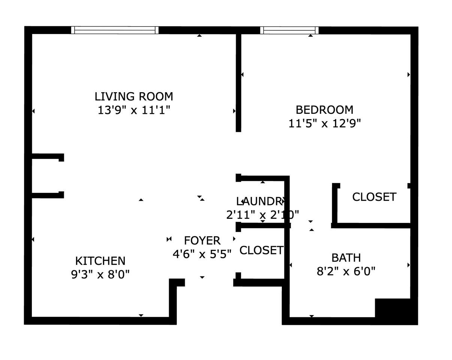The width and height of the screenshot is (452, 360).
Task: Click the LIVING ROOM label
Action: [x=134, y=97]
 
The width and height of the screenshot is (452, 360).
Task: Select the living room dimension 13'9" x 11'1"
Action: [x=134, y=111]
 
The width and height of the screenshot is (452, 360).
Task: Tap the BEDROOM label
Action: [x=324, y=110]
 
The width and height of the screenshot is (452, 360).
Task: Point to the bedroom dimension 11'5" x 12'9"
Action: [x=324, y=123]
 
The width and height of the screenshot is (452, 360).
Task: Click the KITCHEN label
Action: [x=100, y=261]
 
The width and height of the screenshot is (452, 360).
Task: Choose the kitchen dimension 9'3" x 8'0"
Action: [x=100, y=275]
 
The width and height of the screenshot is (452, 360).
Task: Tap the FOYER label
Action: [x=202, y=240]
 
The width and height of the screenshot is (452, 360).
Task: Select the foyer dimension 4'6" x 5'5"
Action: [x=202, y=254]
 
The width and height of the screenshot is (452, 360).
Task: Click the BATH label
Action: [x=346, y=258]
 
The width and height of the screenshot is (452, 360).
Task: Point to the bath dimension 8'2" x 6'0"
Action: [x=346, y=271]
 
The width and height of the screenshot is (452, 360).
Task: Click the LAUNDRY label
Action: [x=259, y=202]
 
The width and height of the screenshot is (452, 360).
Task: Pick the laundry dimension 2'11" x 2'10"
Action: [x=262, y=215]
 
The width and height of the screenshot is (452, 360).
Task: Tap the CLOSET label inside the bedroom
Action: [x=374, y=197]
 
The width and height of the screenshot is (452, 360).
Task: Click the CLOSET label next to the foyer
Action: [x=261, y=250]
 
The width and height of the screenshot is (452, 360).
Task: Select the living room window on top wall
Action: [x=115, y=30]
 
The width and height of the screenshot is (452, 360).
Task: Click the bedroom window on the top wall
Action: [x=290, y=30]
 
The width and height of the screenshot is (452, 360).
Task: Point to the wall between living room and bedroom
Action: [x=238, y=82]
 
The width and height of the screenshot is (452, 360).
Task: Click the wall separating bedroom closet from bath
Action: [x=371, y=226]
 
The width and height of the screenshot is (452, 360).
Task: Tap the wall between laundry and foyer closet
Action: [x=262, y=226]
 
